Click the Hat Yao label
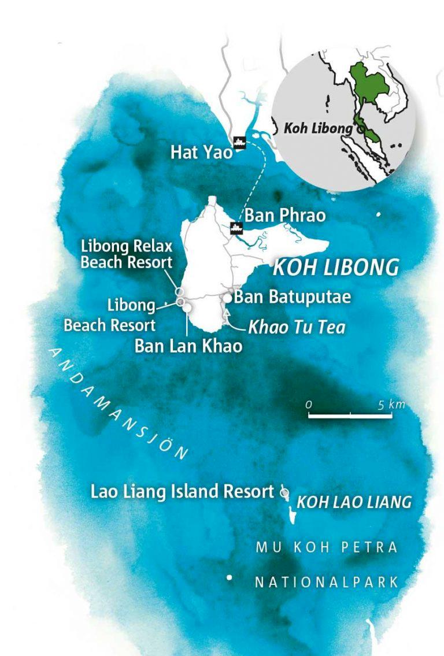pyautogui.click(x=201, y=153)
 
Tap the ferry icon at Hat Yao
pyautogui.click(x=238, y=143)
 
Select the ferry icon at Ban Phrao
pyautogui.click(x=236, y=227)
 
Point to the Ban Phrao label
pyautogui.click(x=285, y=216)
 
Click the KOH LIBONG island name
pyautogui.click(x=335, y=268)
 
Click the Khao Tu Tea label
pyautogui.click(x=296, y=328)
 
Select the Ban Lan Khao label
pyautogui.click(x=188, y=346)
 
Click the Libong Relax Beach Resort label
pyautogui.click(x=127, y=254)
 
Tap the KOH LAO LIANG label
pyautogui.click(x=354, y=502)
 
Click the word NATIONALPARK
pyautogui.click(x=327, y=582)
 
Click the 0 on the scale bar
pyautogui.click(x=309, y=405)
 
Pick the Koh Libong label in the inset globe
pyautogui.click(x=317, y=128)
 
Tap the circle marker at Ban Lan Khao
pyautogui.click(x=187, y=308)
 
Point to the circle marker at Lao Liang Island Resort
pyautogui.click(x=283, y=493)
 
